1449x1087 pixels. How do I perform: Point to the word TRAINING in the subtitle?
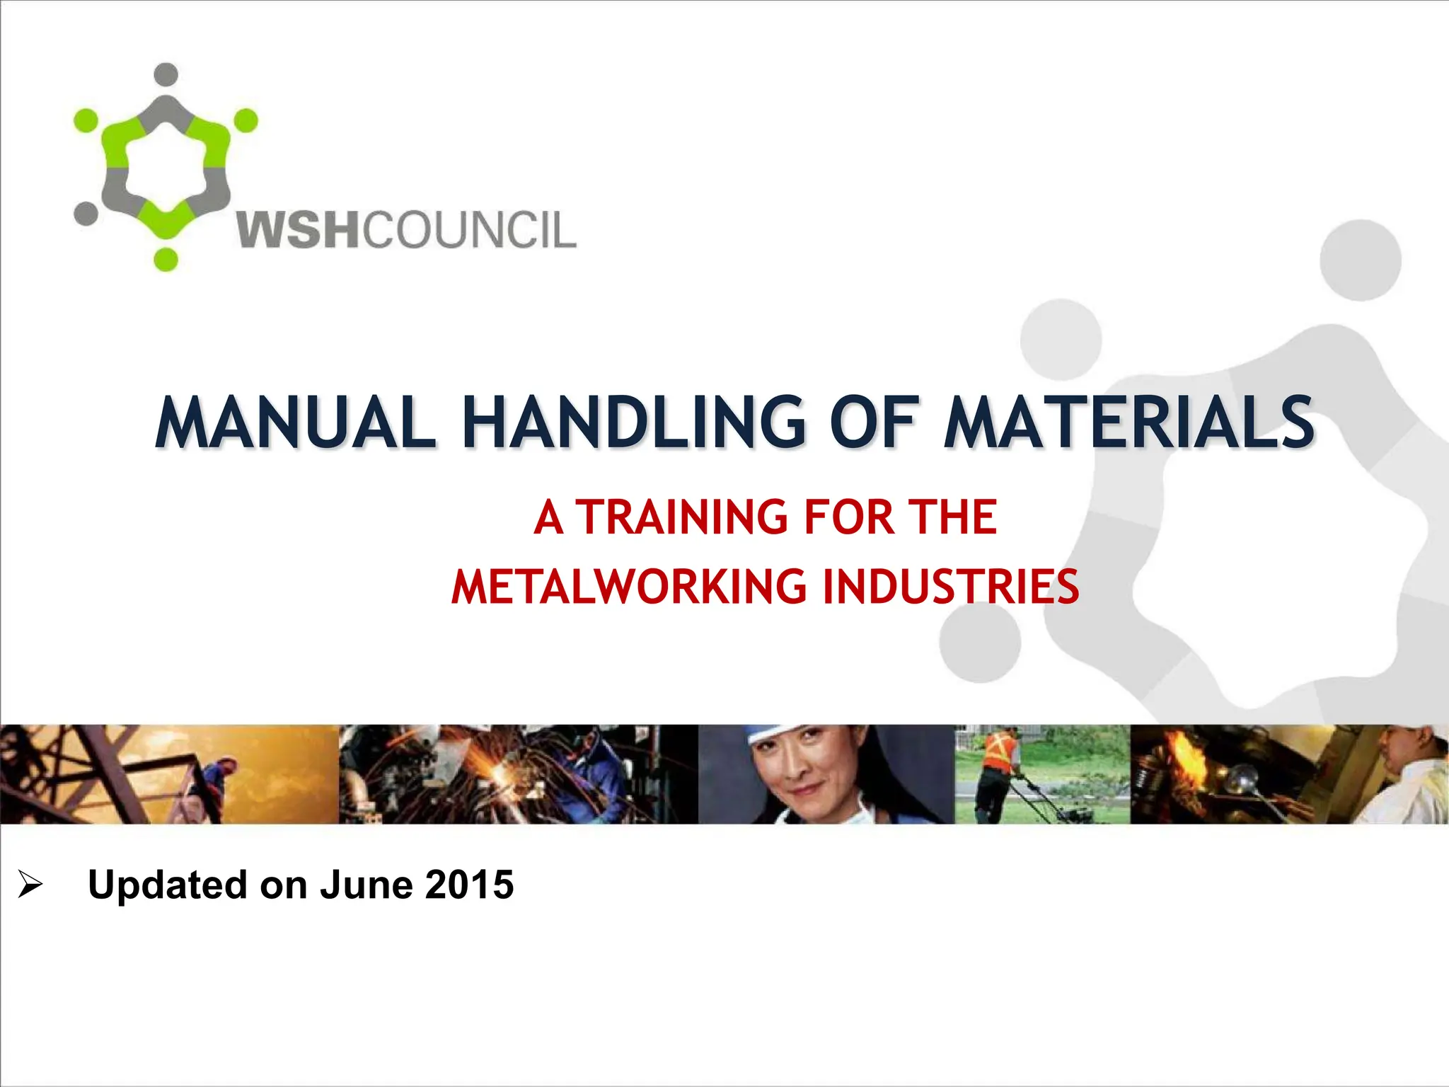click(x=681, y=517)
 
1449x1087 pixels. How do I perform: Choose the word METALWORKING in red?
click(x=629, y=587)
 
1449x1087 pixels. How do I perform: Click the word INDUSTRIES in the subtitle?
click(x=950, y=587)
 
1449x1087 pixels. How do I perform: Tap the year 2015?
click(x=469, y=885)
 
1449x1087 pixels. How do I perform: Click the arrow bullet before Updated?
click(x=30, y=885)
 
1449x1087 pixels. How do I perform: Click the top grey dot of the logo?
click(x=166, y=74)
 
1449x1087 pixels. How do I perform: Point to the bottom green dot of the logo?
click(x=166, y=259)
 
